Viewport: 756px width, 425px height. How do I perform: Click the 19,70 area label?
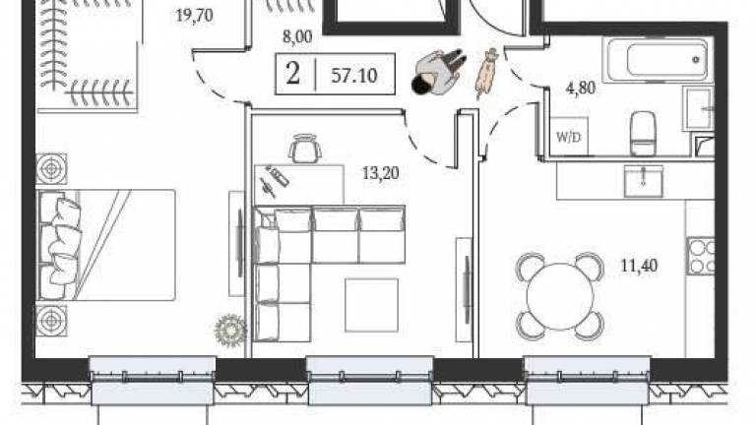194,16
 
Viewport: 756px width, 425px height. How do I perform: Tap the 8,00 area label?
297,36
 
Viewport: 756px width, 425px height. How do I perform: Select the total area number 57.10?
354,76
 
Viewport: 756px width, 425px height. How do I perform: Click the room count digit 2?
292,74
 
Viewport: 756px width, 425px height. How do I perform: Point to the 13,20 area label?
380,173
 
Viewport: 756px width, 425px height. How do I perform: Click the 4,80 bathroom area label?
581,89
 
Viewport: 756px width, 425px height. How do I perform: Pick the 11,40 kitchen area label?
639,266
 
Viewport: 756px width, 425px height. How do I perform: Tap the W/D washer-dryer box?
569,137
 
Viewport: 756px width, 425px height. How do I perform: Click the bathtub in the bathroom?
657,60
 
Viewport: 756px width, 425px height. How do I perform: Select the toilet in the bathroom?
643,133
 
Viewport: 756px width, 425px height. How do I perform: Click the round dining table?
560,296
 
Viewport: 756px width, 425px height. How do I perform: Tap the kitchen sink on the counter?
643,181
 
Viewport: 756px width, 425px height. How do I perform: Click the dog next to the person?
487,73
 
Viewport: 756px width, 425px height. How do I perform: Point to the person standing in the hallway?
438,71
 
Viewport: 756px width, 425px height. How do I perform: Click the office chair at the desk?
305,149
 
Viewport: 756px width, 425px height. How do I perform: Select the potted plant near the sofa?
230,330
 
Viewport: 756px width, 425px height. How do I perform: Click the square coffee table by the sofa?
371,306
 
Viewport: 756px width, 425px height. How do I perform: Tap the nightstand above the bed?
51,168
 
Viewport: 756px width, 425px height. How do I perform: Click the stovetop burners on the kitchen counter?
701,256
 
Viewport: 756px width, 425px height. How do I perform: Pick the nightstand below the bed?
51,321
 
